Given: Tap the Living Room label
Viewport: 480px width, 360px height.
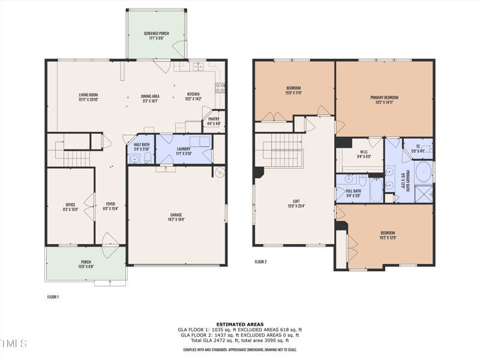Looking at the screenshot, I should pyautogui.click(x=88, y=97).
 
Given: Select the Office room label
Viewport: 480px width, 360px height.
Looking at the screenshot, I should pyautogui.click(x=71, y=207).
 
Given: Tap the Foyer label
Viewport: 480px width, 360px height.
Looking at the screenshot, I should pyautogui.click(x=110, y=206).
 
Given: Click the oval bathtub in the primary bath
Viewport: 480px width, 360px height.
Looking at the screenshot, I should pyautogui.click(x=423, y=171).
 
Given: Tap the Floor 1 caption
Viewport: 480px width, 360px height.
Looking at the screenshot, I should pyautogui.click(x=53, y=296).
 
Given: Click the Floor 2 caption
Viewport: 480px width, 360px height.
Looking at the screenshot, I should pyautogui.click(x=260, y=262).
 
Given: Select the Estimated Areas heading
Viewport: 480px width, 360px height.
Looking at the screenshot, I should pyautogui.click(x=239, y=324).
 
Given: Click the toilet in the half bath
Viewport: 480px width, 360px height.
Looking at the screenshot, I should pyautogui.click(x=135, y=159).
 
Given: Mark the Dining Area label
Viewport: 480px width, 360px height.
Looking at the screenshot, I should pyautogui.click(x=150, y=97).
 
